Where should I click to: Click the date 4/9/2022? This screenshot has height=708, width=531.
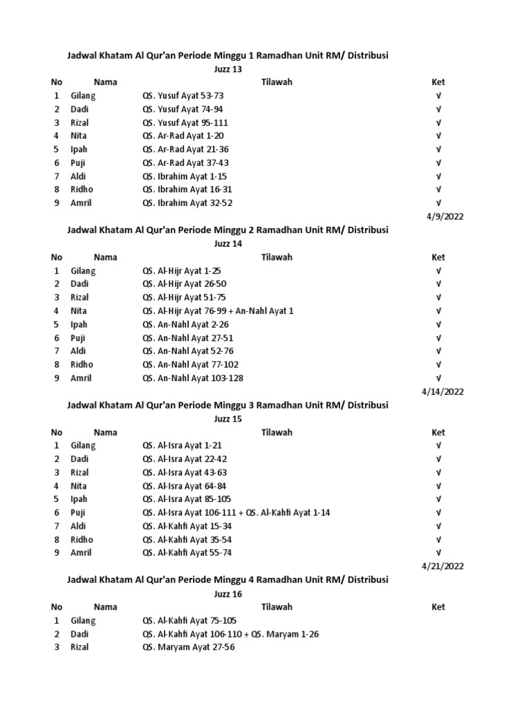coord(445,216)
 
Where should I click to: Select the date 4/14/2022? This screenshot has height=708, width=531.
coord(442,391)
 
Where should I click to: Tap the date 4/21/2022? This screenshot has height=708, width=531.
coord(442,566)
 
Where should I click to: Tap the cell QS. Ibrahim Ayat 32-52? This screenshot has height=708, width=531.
coord(187,203)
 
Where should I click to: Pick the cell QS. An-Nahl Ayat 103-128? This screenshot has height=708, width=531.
coord(193,378)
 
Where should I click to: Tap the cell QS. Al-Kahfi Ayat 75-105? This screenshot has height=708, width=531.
coord(189,620)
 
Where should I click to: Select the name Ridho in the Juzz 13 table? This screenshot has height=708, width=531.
coord(82,189)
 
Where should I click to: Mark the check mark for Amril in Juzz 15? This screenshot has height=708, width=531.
coord(438,553)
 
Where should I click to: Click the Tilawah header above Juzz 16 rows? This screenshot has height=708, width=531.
coord(277,607)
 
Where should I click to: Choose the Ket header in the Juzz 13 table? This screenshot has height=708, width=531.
coord(438,82)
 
